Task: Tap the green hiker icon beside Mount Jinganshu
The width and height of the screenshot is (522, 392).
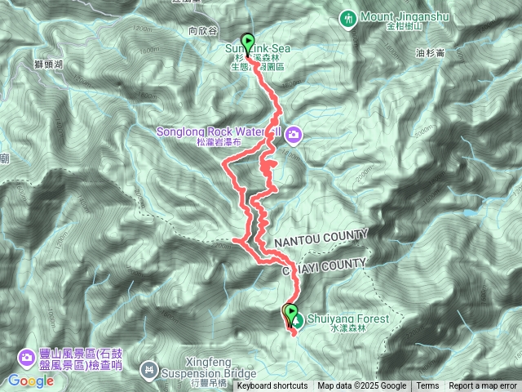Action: coord(348,17)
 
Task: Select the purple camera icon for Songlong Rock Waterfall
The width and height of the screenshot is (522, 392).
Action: coord(292,134)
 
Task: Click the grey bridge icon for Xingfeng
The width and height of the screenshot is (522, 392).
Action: coord(148,370)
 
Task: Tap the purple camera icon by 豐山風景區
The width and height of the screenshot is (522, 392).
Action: coord(27,357)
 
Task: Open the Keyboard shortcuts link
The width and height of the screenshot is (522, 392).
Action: coord(272,386)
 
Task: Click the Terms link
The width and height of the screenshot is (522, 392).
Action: coord(427,386)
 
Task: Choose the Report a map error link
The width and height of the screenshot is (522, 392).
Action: coord(482,386)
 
